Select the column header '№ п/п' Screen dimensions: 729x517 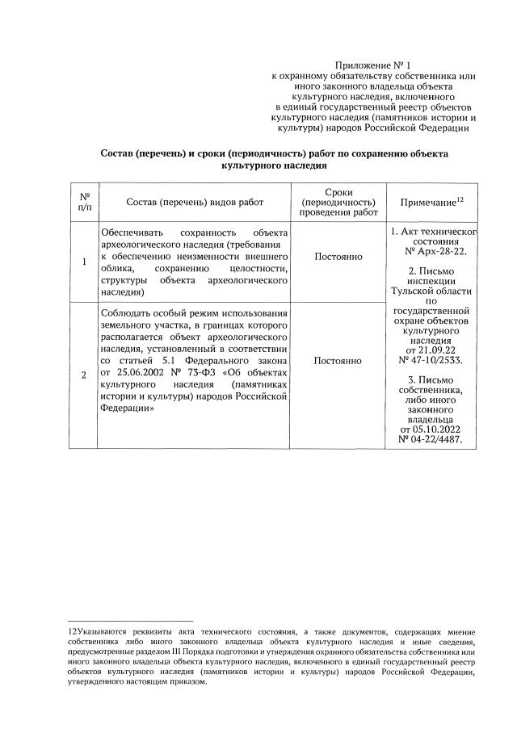[84, 202]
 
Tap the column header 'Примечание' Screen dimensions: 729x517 [427, 202]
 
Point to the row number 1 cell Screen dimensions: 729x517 [84, 262]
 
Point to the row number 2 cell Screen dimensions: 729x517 [84, 374]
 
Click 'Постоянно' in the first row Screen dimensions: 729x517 [338, 257]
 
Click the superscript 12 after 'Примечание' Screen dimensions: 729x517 [460, 198]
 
